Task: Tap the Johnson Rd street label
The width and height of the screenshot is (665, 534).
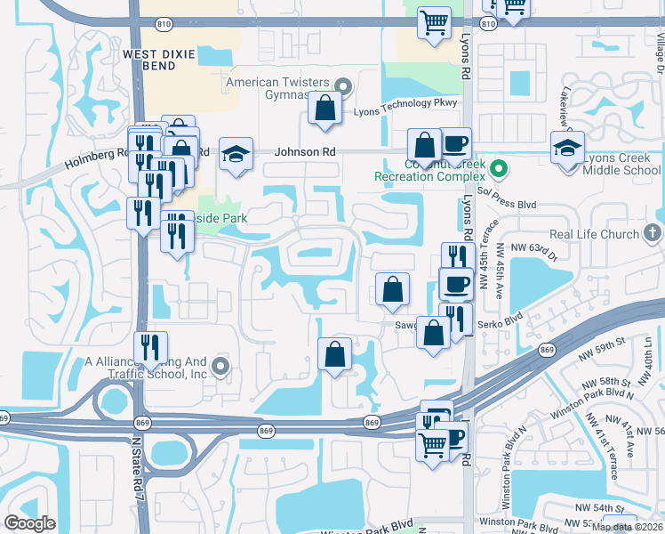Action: coord(305,152)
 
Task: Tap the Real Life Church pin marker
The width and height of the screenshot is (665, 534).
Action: coord(653,234)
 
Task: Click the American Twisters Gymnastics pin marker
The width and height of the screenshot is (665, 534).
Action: coord(346,86)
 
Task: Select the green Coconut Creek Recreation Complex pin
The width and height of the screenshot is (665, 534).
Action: coord(500,167)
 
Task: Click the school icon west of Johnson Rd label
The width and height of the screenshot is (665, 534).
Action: coord(236,154)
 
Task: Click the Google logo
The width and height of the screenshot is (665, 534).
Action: coord(29,522)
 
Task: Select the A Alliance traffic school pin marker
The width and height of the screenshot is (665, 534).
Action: coord(221,366)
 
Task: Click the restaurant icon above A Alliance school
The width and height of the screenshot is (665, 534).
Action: coord(149,349)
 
